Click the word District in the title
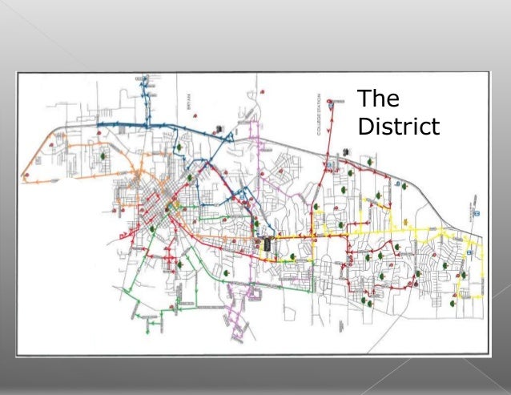pos(397,127)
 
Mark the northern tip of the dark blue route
pos(145,77)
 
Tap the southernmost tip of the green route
pos(147,331)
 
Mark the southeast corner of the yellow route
pos(481,296)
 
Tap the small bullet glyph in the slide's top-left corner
pos(6,6)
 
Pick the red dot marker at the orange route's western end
pos(50,145)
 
